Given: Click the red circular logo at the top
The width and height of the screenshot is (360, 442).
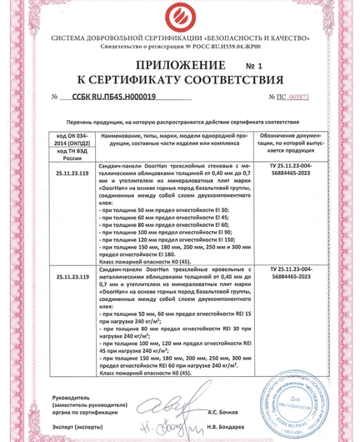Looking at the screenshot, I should click(x=179, y=18).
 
